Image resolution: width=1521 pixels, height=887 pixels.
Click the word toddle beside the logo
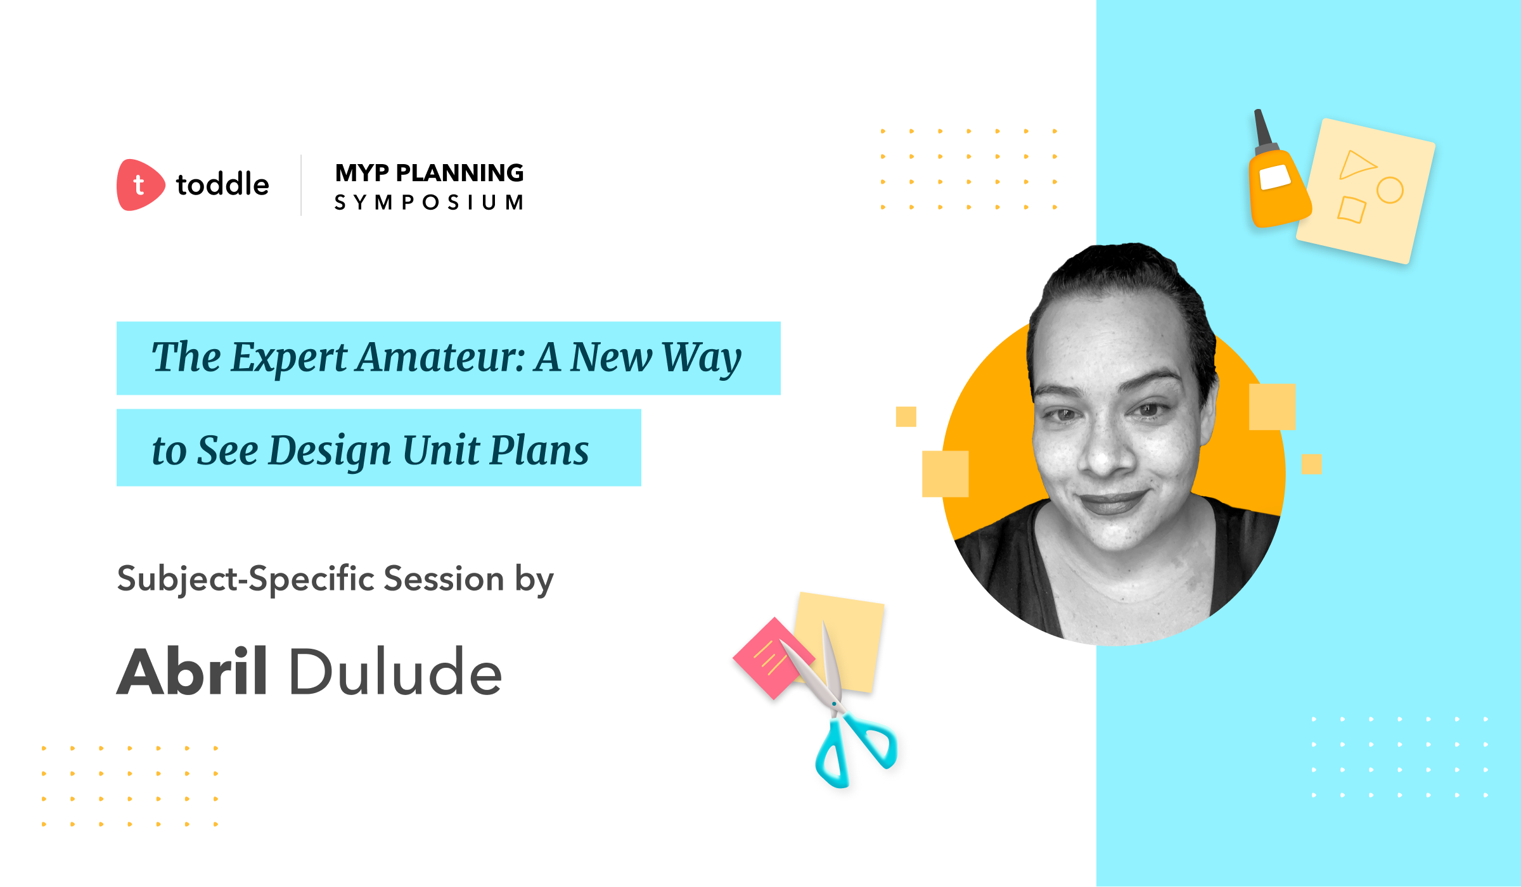[222, 184]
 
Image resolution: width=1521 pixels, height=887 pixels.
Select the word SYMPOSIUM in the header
[429, 203]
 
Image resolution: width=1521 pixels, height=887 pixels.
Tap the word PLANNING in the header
[460, 173]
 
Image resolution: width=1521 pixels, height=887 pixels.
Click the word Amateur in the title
[441, 357]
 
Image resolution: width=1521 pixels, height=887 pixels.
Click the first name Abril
[192, 672]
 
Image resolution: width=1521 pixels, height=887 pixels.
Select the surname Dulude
[395, 672]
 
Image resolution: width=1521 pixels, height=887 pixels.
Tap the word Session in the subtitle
[444, 578]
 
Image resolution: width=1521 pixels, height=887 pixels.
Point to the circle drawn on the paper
[1390, 190]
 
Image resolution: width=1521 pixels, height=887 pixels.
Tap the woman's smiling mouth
[1113, 502]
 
